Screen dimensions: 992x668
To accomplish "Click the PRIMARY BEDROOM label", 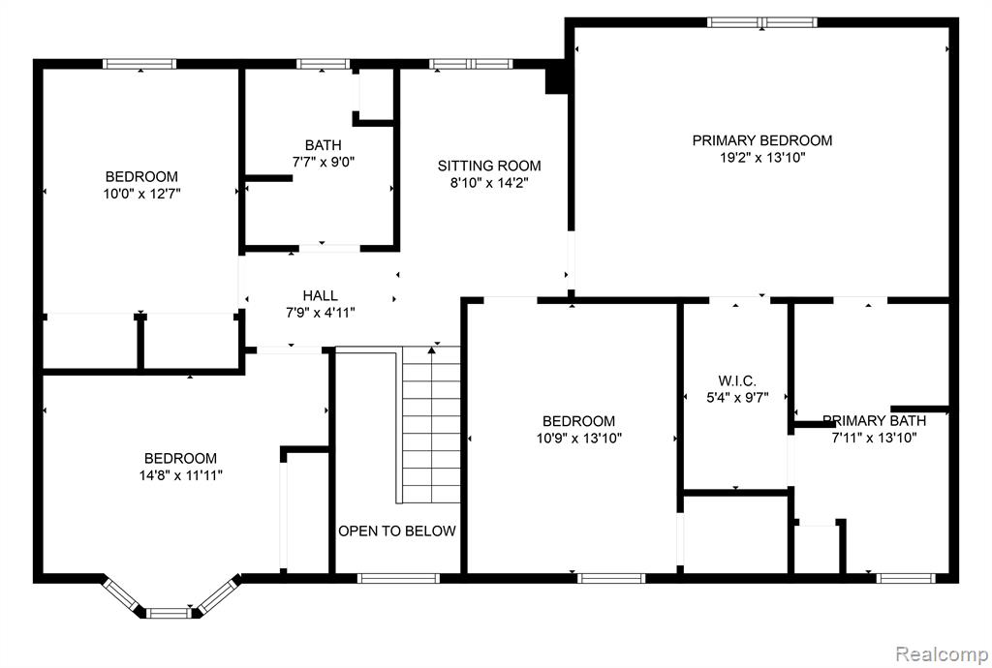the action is pyautogui.click(x=761, y=140).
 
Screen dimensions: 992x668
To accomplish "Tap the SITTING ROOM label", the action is pyautogui.click(x=489, y=166).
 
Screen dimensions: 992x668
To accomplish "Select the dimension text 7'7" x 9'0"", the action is pyautogui.click(x=324, y=162).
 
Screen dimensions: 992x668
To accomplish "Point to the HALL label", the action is pyautogui.click(x=320, y=295).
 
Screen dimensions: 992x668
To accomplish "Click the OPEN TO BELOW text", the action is pyautogui.click(x=396, y=531).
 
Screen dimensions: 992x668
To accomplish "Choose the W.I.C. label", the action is pyautogui.click(x=737, y=381).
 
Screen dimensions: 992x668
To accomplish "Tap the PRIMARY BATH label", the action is pyautogui.click(x=875, y=421).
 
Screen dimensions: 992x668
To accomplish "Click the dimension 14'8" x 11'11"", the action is pyautogui.click(x=181, y=475).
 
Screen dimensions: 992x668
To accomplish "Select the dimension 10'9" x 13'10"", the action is pyautogui.click(x=579, y=438).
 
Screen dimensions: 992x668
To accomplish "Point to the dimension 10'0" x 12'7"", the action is pyautogui.click(x=141, y=194).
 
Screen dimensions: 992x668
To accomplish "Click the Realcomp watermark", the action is pyautogui.click(x=942, y=653).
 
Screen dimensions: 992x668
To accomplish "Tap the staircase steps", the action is pyautogui.click(x=431, y=425).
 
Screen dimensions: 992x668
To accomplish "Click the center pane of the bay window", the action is pyautogui.click(x=169, y=613).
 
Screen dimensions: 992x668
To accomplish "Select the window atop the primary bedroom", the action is pyautogui.click(x=761, y=23).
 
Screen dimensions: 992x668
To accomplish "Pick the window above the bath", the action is pyautogui.click(x=323, y=64).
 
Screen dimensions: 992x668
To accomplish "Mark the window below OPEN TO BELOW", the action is pyautogui.click(x=398, y=578).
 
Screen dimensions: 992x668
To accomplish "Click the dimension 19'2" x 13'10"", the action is pyautogui.click(x=762, y=158).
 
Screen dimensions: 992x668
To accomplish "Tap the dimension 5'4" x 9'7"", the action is pyautogui.click(x=737, y=398).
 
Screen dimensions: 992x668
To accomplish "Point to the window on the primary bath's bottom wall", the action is pyautogui.click(x=906, y=578).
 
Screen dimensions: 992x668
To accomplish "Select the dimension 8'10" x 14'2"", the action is pyautogui.click(x=489, y=183).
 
